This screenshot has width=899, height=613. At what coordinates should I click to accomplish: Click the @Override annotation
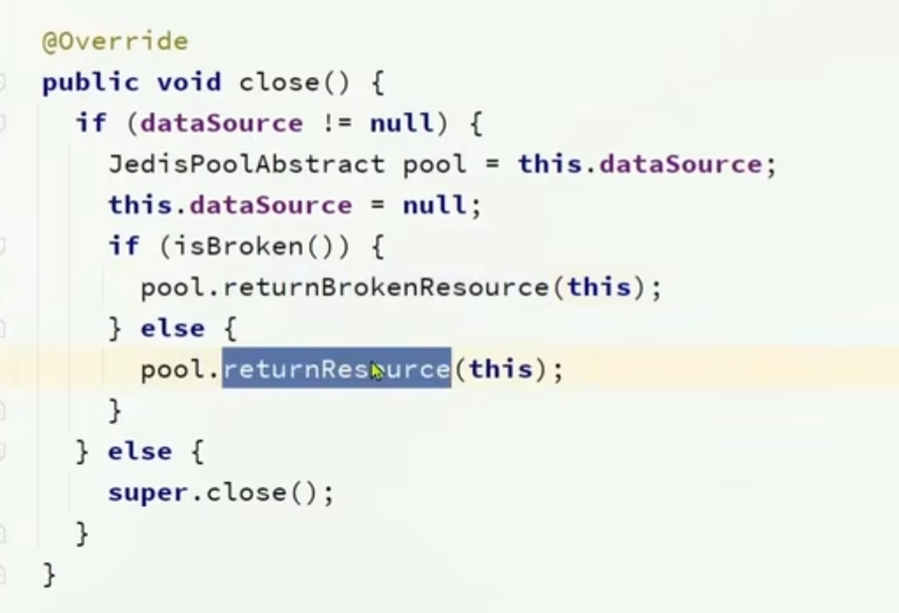[114, 41]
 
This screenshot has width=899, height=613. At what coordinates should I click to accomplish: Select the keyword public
[90, 83]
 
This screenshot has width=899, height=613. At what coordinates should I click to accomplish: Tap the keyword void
[189, 83]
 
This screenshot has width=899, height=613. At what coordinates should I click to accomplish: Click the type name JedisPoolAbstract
[246, 164]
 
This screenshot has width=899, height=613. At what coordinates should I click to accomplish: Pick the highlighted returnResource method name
[335, 369]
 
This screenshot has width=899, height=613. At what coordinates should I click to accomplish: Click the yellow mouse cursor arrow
[378, 371]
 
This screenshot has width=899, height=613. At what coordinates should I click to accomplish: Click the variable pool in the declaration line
[435, 164]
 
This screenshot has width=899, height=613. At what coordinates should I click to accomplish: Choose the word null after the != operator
[402, 123]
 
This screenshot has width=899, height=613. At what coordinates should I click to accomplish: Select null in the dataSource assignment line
[435, 206]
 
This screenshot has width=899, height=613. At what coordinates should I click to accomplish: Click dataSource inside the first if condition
[221, 123]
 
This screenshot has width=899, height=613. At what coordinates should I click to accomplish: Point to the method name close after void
[279, 83]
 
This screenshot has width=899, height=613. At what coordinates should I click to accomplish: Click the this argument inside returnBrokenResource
[600, 287]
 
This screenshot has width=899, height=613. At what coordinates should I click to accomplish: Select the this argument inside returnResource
[500, 369]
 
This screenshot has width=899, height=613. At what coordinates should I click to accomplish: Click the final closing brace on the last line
[49, 573]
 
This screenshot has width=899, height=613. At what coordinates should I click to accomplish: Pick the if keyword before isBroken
[124, 246]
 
